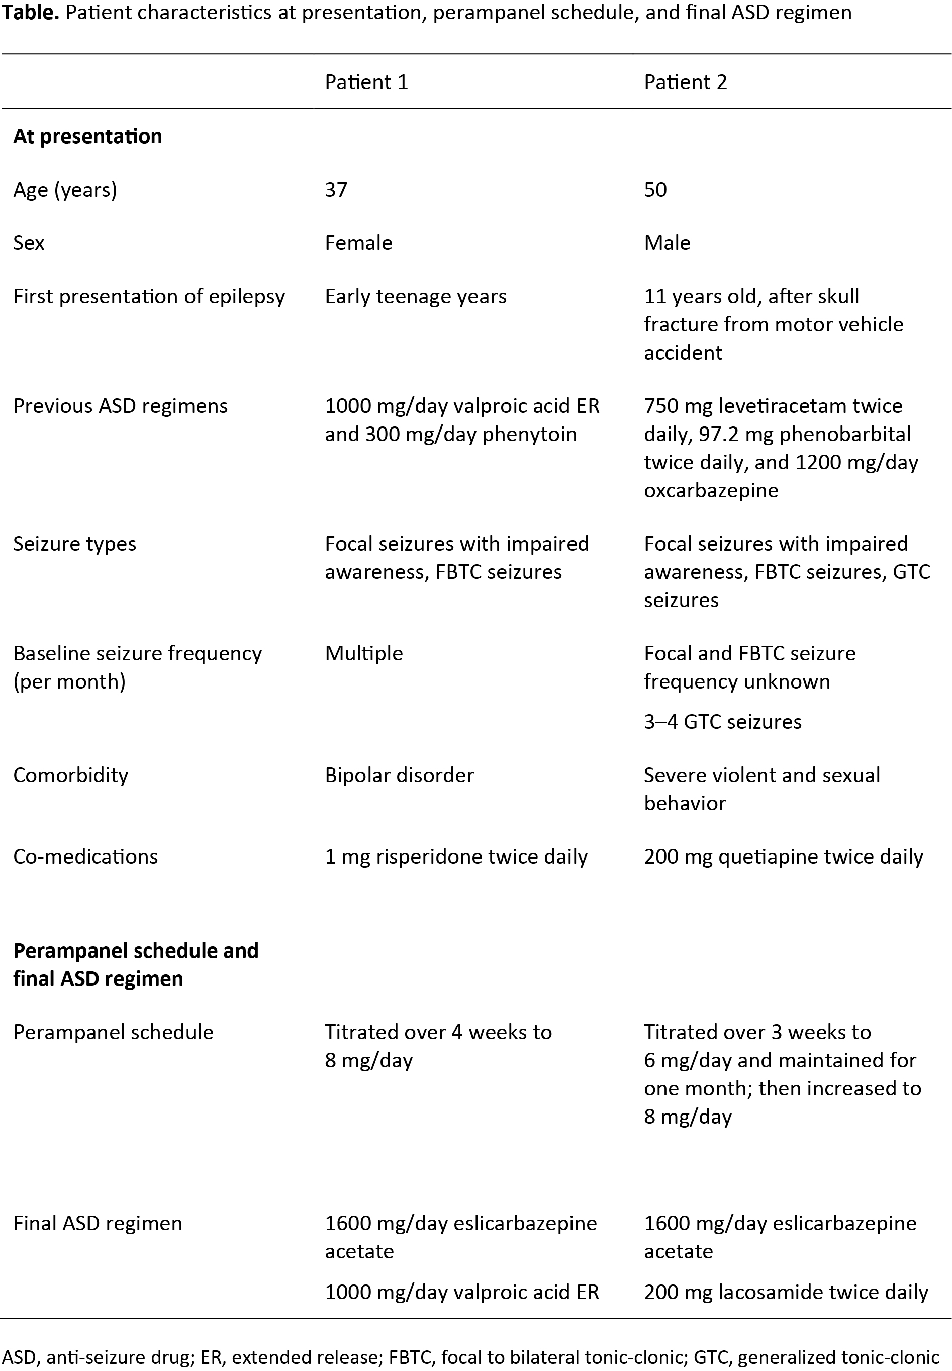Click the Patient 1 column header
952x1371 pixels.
tap(366, 82)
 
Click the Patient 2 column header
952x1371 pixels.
tap(686, 82)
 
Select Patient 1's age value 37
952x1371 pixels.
tap(336, 189)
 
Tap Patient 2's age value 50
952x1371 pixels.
tap(655, 189)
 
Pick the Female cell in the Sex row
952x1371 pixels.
tap(358, 243)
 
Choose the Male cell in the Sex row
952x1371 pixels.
tap(667, 243)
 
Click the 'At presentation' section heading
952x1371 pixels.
tap(87, 136)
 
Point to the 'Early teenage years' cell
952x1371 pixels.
tap(415, 296)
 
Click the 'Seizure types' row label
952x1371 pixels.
tap(74, 544)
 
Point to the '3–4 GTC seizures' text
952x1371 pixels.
tap(722, 722)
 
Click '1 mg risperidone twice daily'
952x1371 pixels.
tap(456, 856)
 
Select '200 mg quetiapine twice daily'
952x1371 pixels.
tap(783, 856)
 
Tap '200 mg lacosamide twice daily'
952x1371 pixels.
tap(786, 1292)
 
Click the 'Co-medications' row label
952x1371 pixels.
tap(85, 856)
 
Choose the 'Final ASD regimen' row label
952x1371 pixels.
tap(97, 1223)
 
